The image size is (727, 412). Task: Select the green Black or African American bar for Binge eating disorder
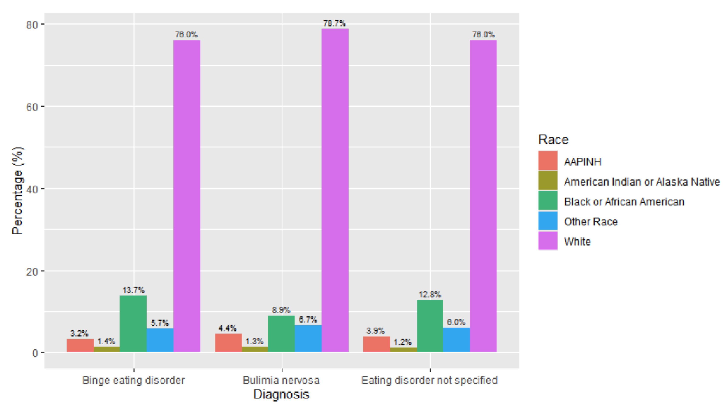pyautogui.click(x=133, y=324)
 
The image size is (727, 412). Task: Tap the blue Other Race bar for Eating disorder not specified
pyautogui.click(x=456, y=340)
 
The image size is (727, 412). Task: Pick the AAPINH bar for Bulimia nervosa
pyautogui.click(x=228, y=343)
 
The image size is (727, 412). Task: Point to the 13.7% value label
pyautogui.click(x=133, y=290)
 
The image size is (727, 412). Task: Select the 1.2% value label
pyautogui.click(x=402, y=342)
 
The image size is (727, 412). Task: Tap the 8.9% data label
pyautogui.click(x=281, y=310)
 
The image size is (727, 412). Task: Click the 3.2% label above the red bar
pyautogui.click(x=79, y=333)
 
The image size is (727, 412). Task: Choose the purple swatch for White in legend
pyautogui.click(x=548, y=241)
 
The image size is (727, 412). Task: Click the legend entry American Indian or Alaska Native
pyautogui.click(x=641, y=182)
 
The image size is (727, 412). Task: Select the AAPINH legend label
pyautogui.click(x=582, y=162)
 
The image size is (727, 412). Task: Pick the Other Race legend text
pyautogui.click(x=591, y=221)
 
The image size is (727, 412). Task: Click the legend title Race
pyautogui.click(x=553, y=140)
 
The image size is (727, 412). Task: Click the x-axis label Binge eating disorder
pyautogui.click(x=133, y=380)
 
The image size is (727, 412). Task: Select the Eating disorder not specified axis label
pyautogui.click(x=429, y=380)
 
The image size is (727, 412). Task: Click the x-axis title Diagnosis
pyautogui.click(x=281, y=394)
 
